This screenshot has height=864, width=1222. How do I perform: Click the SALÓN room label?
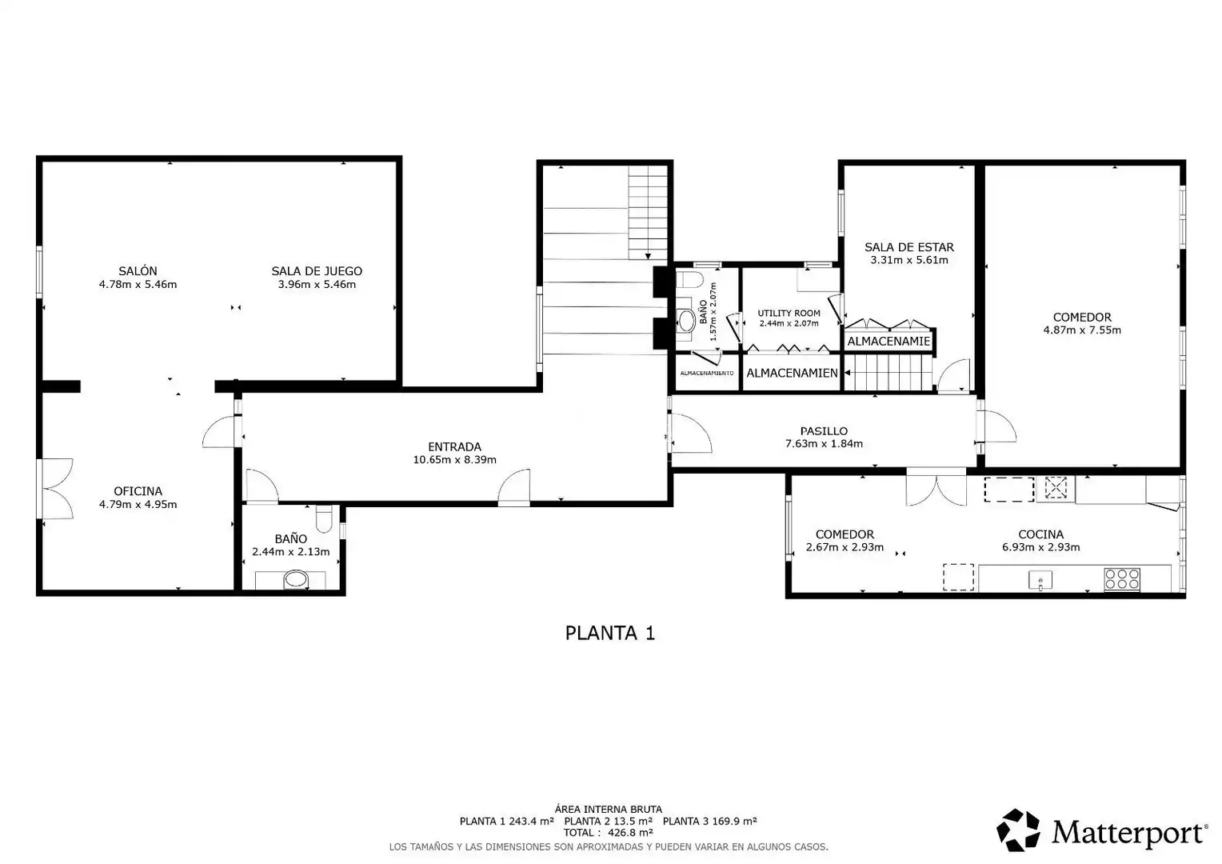pyautogui.click(x=138, y=270)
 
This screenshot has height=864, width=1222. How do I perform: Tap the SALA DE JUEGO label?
pyautogui.click(x=317, y=270)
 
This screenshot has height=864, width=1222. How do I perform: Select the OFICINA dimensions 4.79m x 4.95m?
pyautogui.click(x=138, y=504)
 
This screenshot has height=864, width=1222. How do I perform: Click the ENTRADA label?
pyautogui.click(x=454, y=446)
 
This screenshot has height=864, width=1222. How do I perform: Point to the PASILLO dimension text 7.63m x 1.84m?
pyautogui.click(x=824, y=444)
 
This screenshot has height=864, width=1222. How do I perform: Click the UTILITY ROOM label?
pyautogui.click(x=789, y=314)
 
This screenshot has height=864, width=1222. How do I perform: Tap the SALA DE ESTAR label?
pyautogui.click(x=909, y=247)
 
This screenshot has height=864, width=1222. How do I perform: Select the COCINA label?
pyautogui.click(x=1041, y=534)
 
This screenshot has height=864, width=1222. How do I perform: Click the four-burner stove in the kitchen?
pyautogui.click(x=1122, y=579)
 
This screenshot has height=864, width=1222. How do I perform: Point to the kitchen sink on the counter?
pyautogui.click(x=1040, y=580)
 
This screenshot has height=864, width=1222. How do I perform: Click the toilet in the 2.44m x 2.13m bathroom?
pyautogui.click(x=324, y=518)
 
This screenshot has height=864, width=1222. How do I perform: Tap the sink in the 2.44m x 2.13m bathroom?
pyautogui.click(x=296, y=580)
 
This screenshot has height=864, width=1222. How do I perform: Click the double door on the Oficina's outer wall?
pyautogui.click(x=56, y=488)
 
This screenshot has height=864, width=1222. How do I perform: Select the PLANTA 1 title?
pyautogui.click(x=610, y=633)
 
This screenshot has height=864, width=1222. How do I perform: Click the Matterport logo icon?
pyautogui.click(x=1018, y=830)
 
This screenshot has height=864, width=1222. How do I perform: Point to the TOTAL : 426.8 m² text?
pyautogui.click(x=609, y=833)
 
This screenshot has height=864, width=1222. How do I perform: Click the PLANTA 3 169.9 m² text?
pyautogui.click(x=709, y=821)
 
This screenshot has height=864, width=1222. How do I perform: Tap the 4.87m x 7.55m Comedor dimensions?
pyautogui.click(x=1082, y=330)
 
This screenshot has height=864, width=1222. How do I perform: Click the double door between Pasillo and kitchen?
pyautogui.click(x=936, y=488)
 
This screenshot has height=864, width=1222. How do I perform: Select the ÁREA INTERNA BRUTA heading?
pyautogui.click(x=609, y=810)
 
